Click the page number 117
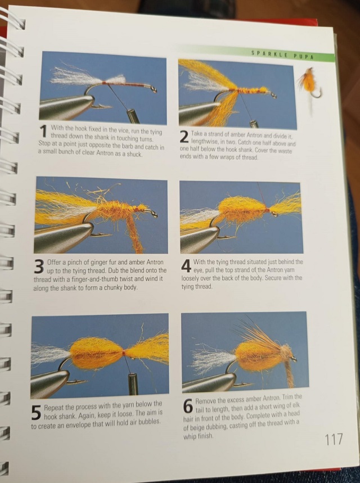tap(334, 439)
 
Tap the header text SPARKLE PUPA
tap(282, 55)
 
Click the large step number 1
tap(44, 131)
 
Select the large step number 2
tap(184, 137)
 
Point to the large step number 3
tap(38, 267)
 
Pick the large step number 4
tap(186, 265)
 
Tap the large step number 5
tap(36, 412)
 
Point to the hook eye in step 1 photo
tap(153, 89)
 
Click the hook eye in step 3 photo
tap(153, 213)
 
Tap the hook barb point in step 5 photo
tap(83, 382)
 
